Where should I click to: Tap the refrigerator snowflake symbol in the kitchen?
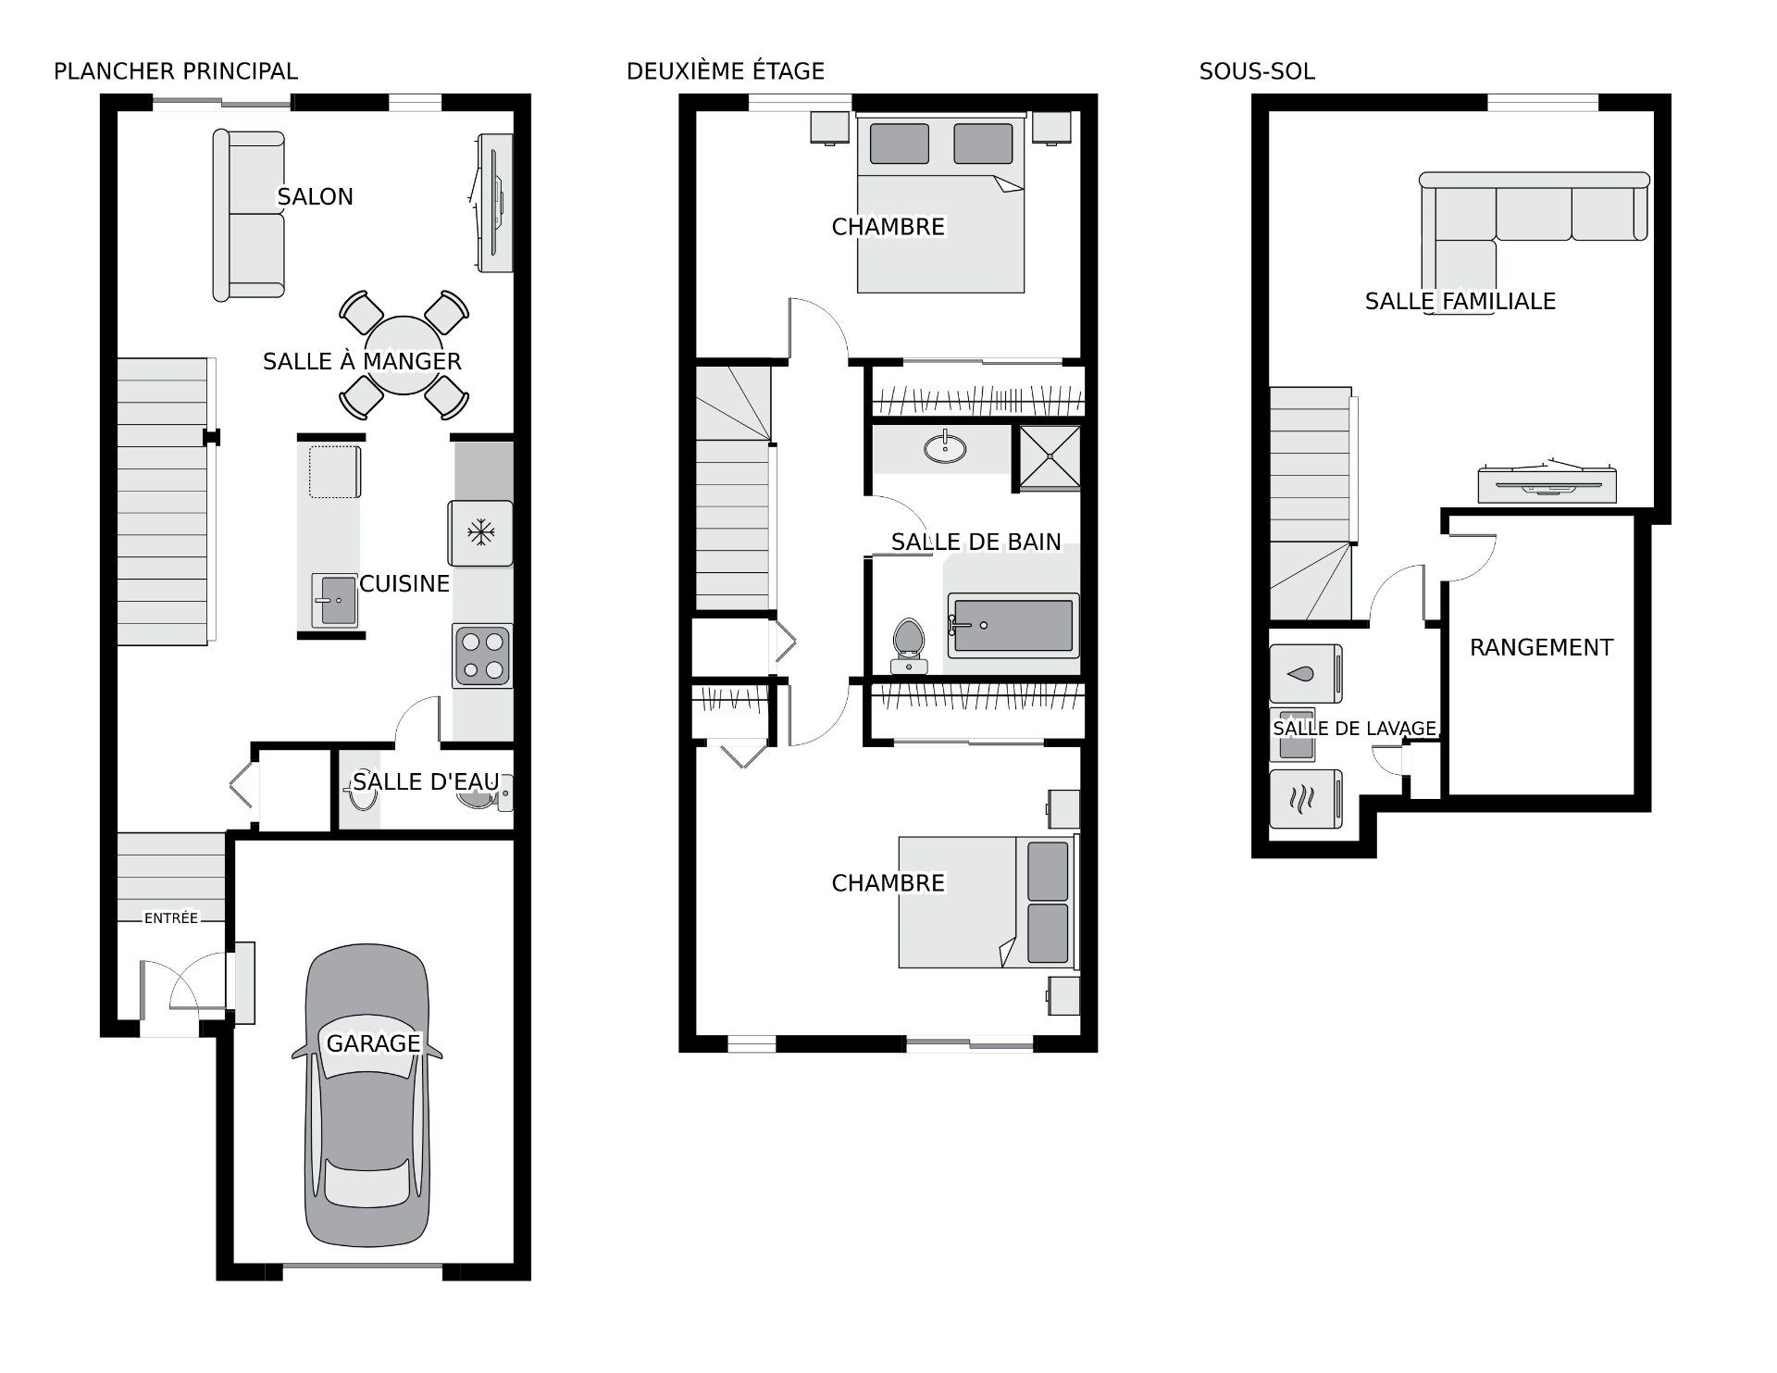(479, 532)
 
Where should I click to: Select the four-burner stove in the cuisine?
(482, 655)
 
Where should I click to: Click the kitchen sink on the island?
(334, 601)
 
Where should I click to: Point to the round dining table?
(403, 356)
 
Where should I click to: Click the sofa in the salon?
(248, 215)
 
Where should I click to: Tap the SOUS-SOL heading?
(1257, 71)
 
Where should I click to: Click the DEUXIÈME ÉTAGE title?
(726, 71)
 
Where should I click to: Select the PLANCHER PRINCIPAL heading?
(176, 71)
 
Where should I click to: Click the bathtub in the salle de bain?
(1013, 626)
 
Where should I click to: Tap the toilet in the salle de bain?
(909, 645)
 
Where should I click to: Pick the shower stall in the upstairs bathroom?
(1050, 457)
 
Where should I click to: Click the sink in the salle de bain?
(945, 446)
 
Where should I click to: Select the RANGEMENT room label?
(1541, 647)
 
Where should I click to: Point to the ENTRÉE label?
(171, 917)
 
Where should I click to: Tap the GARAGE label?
(373, 1043)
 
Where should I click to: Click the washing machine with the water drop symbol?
(1306, 673)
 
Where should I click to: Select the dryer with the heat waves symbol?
(1306, 798)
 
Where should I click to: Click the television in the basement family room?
(1547, 481)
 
